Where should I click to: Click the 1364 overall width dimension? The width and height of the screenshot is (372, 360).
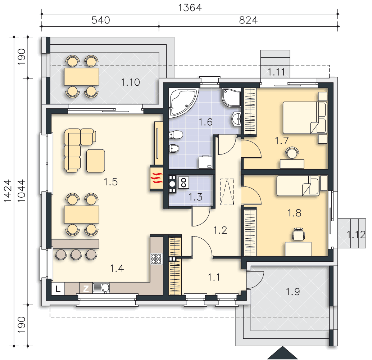coord(190,8)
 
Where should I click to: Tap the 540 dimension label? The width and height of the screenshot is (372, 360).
coord(101,20)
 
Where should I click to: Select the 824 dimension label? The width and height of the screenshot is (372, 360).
coord(248,20)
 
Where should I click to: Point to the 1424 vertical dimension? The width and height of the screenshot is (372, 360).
coord(8,191)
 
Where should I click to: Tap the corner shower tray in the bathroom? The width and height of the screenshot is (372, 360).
coord(232,97)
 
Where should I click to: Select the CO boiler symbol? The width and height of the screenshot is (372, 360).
coord(183,183)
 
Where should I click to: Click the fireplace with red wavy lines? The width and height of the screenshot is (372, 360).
coord(156,178)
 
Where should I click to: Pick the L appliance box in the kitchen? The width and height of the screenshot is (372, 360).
coord(58,289)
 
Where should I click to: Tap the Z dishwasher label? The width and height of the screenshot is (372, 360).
coord(86,289)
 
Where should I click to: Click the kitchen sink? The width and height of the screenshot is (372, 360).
coord(101,288)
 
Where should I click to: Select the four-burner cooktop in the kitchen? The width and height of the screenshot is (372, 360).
coord(156,259)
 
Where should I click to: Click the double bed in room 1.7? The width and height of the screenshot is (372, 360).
coord(305,118)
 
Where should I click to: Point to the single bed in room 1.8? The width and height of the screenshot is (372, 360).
coord(298,186)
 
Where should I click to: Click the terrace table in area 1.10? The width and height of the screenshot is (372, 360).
coord(82,76)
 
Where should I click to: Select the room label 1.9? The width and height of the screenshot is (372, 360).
coord(293,292)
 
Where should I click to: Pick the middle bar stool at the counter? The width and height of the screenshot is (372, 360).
coord(76,254)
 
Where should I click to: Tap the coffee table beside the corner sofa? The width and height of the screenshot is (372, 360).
coord(96,161)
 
